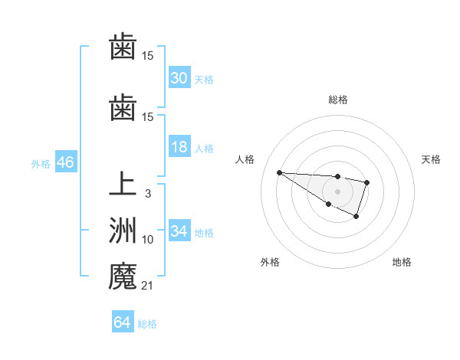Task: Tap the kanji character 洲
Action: point(122,231)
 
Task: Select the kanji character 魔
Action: point(122,276)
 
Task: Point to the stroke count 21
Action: point(147,286)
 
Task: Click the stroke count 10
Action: point(147,240)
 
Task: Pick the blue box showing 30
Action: point(179,78)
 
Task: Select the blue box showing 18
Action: point(179,147)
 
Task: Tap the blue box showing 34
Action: point(179,231)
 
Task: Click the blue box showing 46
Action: point(65,162)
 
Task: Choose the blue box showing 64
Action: point(122,322)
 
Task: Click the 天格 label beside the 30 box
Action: point(203,79)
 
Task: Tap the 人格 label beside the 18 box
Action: point(203,148)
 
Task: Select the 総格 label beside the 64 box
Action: point(147,323)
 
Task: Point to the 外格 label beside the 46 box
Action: point(41,163)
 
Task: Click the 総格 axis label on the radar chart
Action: point(337,100)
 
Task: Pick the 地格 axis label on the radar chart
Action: point(402,262)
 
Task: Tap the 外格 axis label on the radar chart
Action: point(270,262)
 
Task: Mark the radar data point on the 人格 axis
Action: point(279,172)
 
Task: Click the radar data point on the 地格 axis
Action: point(356,217)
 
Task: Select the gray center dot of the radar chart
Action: point(337,191)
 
